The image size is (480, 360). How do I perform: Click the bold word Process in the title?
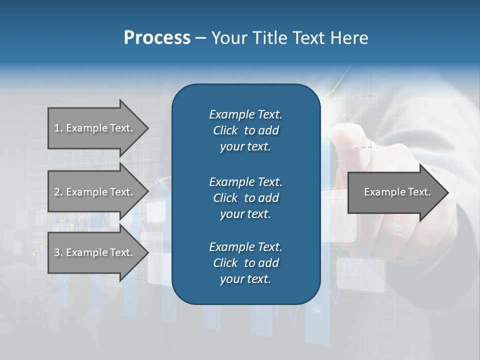tap(157, 38)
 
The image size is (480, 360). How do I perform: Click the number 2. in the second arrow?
tap(58, 192)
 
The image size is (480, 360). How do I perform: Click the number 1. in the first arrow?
tap(58, 128)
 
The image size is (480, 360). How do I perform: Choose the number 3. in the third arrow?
tap(58, 252)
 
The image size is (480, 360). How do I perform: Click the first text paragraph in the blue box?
tap(245, 130)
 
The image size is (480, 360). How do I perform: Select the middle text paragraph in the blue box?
tap(245, 198)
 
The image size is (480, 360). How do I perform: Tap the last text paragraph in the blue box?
tap(245, 263)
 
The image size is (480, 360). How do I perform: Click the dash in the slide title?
tap(200, 38)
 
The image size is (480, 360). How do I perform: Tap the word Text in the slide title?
tap(308, 38)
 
